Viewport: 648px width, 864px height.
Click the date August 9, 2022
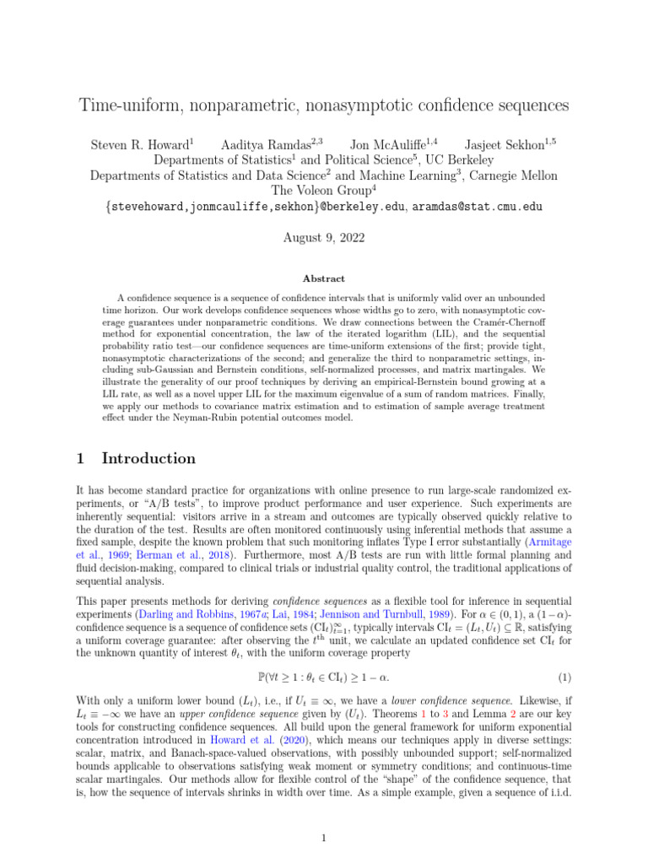323,239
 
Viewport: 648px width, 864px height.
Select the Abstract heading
323,278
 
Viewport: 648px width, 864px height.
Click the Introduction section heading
148,459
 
